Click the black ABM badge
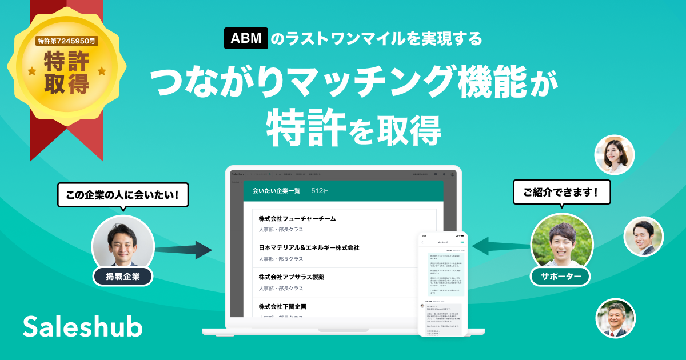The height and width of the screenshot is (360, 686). click(x=246, y=39)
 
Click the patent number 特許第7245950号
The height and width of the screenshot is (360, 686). click(x=67, y=41)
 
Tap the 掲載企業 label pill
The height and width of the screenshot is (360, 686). click(x=122, y=277)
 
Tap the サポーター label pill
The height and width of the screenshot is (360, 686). click(x=560, y=277)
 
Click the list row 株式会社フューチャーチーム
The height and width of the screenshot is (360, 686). click(x=344, y=223)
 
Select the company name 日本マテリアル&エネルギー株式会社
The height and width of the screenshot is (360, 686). click(x=309, y=248)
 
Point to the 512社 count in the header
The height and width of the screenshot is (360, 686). click(x=320, y=191)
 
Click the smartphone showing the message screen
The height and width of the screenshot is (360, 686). click(x=442, y=283)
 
